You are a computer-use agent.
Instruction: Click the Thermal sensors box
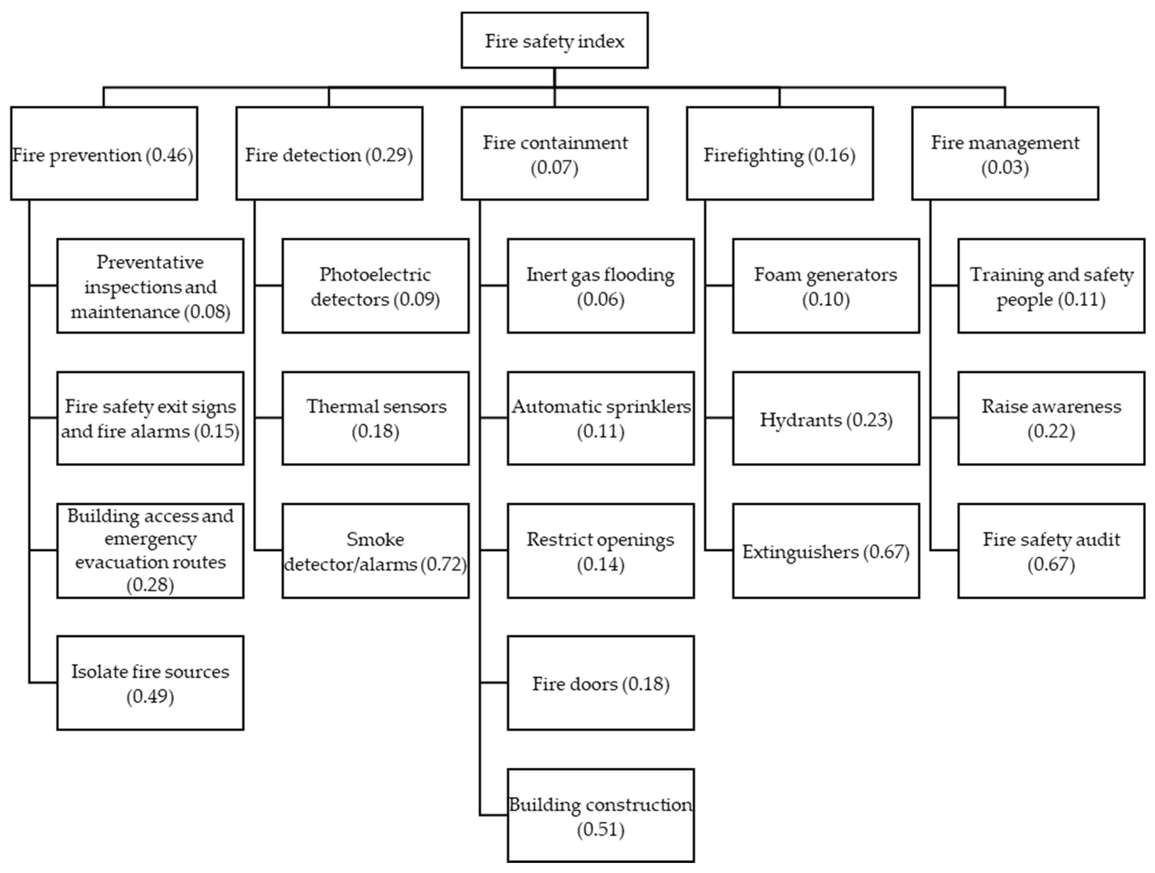pos(375,419)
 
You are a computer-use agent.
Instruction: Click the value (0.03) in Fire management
pos(1005,168)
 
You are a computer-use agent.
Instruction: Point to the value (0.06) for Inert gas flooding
pos(601,299)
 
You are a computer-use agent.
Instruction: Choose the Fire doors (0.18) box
pos(601,683)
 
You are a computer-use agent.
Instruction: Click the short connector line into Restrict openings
pos(493,550)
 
